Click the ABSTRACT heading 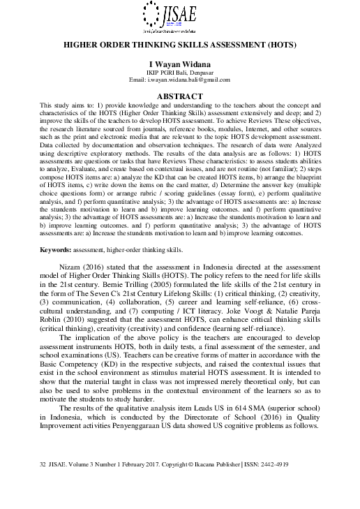(x=180, y=96)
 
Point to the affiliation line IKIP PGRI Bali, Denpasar (x=180, y=72)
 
